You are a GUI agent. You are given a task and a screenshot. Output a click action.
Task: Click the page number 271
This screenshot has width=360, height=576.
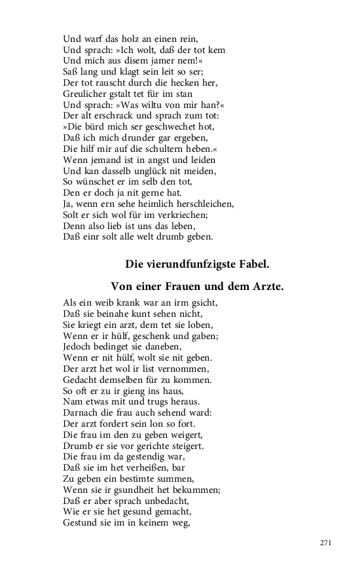(327, 543)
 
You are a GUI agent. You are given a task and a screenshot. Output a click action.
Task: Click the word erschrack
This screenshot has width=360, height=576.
(114, 117)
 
